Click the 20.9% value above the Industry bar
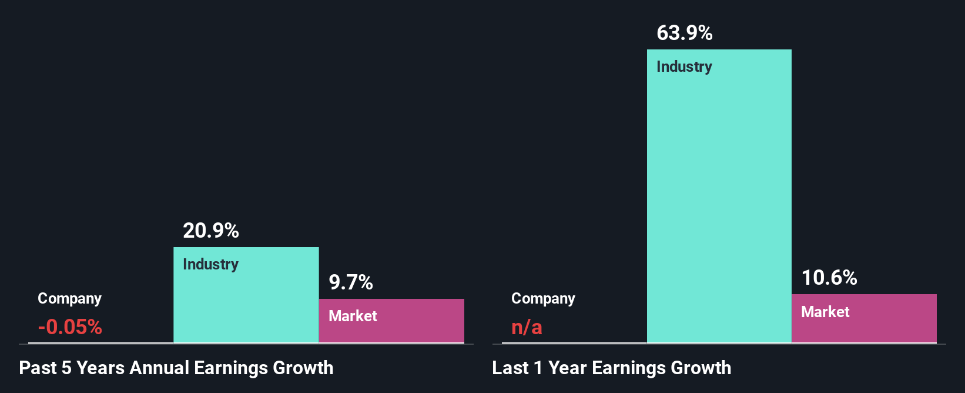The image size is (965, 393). tap(211, 231)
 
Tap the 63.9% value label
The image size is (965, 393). tap(685, 33)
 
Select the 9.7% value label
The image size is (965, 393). tap(351, 282)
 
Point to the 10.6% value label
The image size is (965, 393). tap(829, 278)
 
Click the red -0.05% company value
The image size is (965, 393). tap(70, 327)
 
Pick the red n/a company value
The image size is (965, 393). tap(527, 327)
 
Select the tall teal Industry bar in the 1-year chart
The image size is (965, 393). tap(719, 200)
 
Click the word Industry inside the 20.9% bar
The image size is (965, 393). tap(211, 264)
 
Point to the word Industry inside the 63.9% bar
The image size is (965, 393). tap(684, 66)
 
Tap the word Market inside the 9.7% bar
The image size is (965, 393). tap(353, 316)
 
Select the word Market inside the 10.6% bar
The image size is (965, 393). tap(825, 312)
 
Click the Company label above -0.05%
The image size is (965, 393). tap(69, 298)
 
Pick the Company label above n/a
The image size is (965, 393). tap(543, 298)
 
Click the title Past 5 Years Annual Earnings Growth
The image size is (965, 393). tap(176, 368)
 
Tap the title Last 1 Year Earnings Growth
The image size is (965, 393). tap(612, 368)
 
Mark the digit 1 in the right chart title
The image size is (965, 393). tap(538, 368)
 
